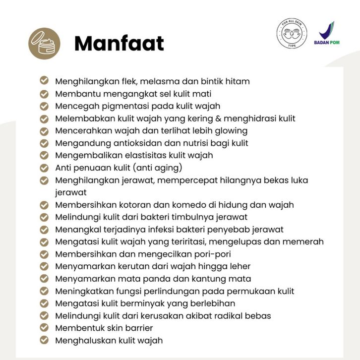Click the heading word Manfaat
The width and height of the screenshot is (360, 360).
(119, 43)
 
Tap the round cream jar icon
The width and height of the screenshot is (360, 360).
(44, 43)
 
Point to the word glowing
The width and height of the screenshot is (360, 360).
(230, 131)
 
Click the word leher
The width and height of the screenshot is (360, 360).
(239, 267)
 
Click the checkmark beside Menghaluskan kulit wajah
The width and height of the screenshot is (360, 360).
(44, 340)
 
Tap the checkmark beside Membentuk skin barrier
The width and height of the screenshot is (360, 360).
(44, 328)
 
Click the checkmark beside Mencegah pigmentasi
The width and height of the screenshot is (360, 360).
(44, 106)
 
